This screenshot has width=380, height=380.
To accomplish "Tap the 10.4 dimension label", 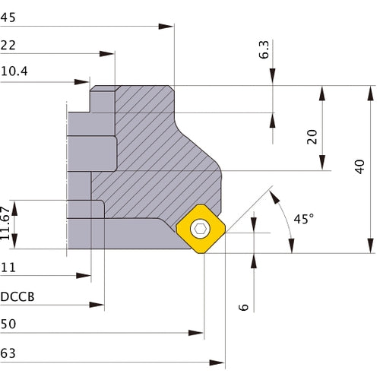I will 14,72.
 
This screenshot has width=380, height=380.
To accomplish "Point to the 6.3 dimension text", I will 264,50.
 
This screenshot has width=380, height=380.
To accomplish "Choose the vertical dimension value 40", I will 359,168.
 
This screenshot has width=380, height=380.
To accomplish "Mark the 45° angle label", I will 302,219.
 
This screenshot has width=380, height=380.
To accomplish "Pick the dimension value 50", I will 9,324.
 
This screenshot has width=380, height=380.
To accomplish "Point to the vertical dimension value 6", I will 243,306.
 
